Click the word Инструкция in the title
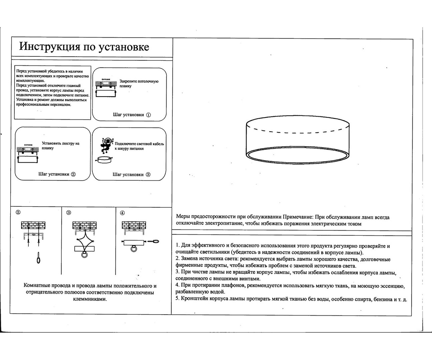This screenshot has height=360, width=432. [x=50, y=47]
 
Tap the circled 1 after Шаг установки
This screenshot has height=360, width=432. [x=148, y=115]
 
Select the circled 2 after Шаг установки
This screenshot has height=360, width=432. [x=73, y=174]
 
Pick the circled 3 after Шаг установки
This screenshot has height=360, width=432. [x=148, y=175]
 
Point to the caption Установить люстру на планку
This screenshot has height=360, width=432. [x=60, y=146]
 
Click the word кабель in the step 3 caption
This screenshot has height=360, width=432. [x=158, y=144]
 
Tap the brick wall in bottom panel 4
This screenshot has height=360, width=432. [x=134, y=225]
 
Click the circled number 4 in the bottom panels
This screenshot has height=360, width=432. [x=122, y=213]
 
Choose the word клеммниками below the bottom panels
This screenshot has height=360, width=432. [x=90, y=299]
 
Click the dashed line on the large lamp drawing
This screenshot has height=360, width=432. [x=298, y=131]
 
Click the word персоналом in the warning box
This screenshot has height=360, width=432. [x=60, y=104]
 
